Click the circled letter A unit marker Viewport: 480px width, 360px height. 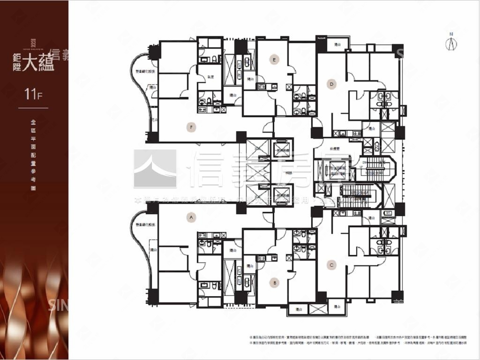point(190,217)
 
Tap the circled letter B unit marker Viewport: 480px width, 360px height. point(275,282)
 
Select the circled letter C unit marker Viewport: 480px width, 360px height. point(331,265)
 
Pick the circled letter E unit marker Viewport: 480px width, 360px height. point(275,59)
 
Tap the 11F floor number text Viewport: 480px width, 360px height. point(33,94)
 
